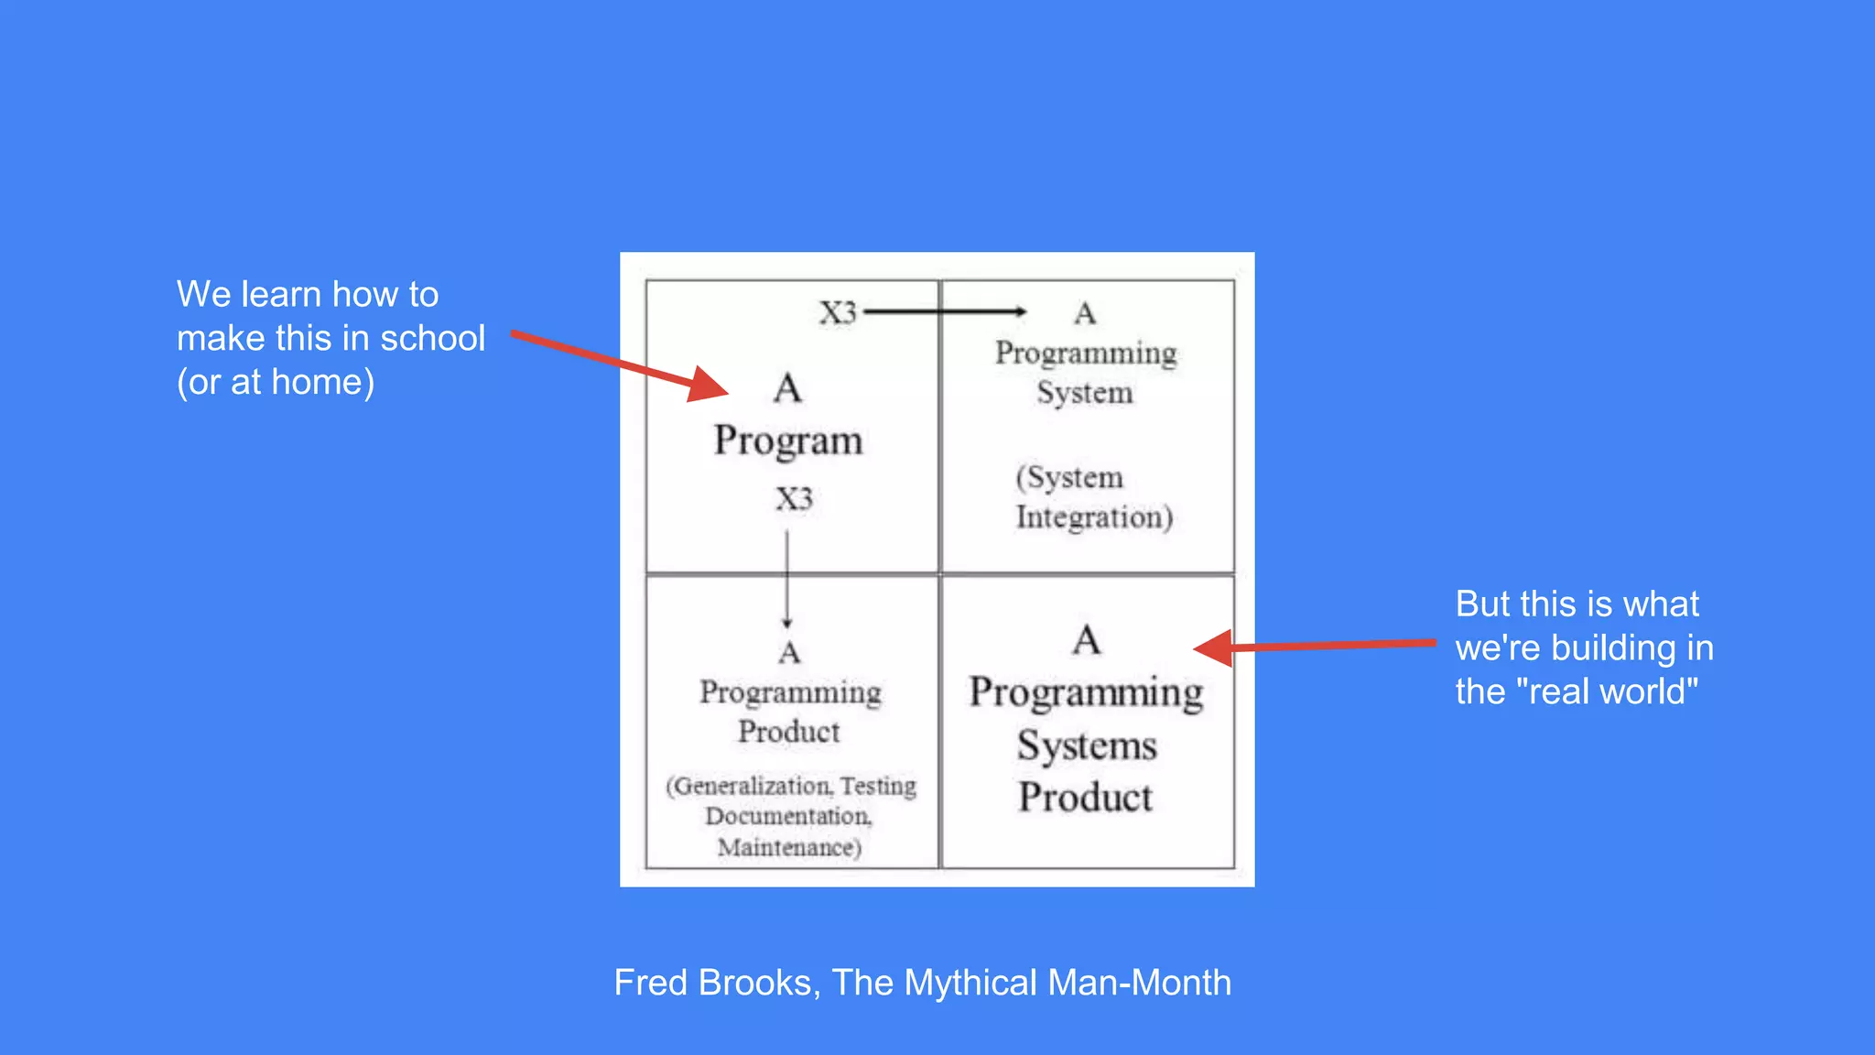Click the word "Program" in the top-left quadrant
click(x=788, y=441)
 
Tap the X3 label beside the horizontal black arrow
click(x=838, y=313)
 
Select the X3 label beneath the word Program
click(x=794, y=499)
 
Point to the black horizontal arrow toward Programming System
click(x=943, y=311)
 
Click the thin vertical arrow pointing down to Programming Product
click(x=786, y=577)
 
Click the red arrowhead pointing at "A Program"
click(x=707, y=385)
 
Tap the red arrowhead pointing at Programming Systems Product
click(x=1214, y=648)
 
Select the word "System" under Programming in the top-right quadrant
click(x=1085, y=393)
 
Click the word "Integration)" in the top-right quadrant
click(x=1094, y=517)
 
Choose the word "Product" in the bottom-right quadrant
click(x=1086, y=798)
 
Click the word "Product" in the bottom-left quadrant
click(x=789, y=732)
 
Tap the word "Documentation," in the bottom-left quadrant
click(x=788, y=816)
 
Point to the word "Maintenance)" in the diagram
click(x=789, y=847)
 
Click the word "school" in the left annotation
click(x=432, y=339)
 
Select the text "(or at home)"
click(x=276, y=382)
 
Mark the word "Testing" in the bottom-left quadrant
click(x=878, y=786)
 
